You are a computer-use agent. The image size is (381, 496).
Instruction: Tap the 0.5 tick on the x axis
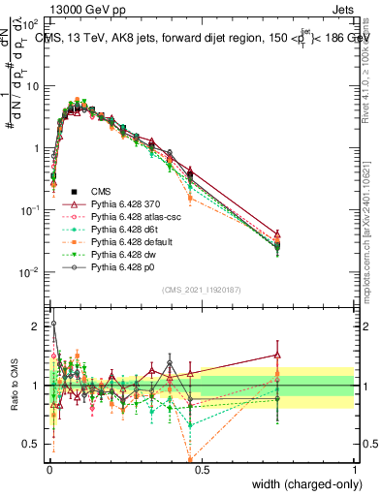pos(202,467)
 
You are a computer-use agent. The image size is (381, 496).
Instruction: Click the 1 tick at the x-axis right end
pos(355,467)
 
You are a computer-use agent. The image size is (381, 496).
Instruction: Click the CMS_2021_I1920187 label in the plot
pos(201,290)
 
